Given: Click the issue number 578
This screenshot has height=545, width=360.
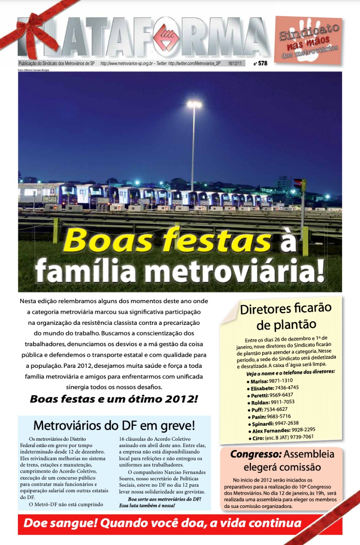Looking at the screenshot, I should [263, 63].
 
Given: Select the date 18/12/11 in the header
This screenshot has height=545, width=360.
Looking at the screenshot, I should [234, 63].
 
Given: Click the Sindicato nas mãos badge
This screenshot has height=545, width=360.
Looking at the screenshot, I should [308, 40].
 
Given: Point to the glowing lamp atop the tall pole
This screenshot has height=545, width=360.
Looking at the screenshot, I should [194, 104].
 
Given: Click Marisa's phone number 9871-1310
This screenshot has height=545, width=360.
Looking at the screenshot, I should [280, 380].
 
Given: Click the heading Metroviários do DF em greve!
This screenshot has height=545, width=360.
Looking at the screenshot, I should [114, 425].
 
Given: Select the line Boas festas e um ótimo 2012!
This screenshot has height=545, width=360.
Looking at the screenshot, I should [114, 400].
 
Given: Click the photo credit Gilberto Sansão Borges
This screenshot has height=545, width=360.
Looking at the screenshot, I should [34, 70].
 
